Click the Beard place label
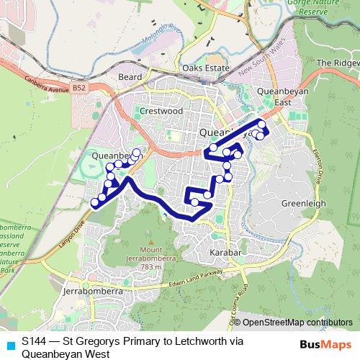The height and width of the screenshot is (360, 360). click(131, 76)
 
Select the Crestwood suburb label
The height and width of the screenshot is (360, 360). click(160, 112)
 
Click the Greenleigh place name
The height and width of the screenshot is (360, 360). click(303, 203)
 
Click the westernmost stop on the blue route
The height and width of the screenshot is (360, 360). click(94, 204)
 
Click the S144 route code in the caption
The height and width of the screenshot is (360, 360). click(33, 341)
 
